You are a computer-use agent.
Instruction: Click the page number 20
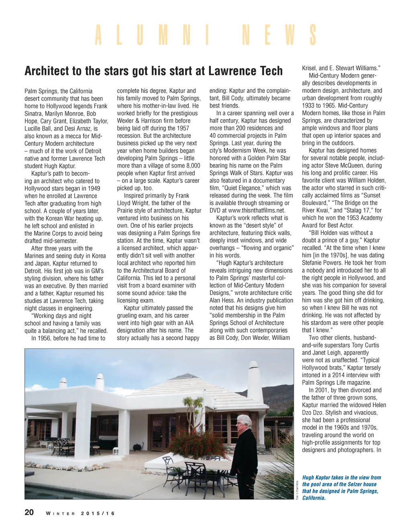[29, 512]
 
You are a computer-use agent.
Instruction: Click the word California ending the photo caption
[314, 498]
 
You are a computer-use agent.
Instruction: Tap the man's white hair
[244, 420]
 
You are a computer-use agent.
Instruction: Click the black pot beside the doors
[137, 447]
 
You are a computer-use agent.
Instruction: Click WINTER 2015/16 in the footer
[80, 514]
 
